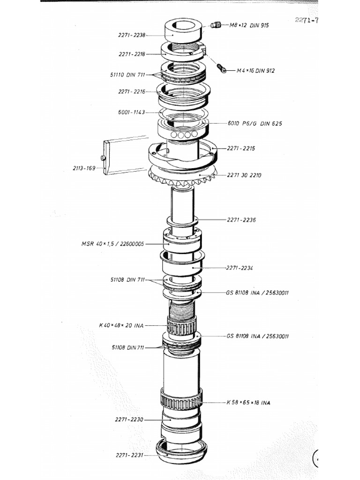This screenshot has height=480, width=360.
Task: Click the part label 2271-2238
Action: click(132, 34)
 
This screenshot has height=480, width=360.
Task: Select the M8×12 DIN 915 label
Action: click(249, 25)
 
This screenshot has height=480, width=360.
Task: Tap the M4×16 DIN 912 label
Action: click(255, 71)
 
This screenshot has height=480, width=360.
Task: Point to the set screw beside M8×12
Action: click(216, 25)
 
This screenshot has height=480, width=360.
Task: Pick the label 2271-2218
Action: click(132, 54)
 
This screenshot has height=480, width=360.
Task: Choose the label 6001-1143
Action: click(132, 112)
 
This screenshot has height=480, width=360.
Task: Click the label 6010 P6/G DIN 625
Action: click(255, 124)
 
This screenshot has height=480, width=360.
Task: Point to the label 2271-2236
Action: click(241, 219)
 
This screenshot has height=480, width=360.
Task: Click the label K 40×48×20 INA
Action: click(121, 325)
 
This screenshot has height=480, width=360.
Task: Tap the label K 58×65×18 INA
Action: click(248, 403)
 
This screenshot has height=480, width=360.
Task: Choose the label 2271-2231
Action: click(129, 455)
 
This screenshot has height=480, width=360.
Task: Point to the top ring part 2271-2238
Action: click(183, 30)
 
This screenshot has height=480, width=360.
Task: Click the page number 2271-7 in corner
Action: click(307, 21)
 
